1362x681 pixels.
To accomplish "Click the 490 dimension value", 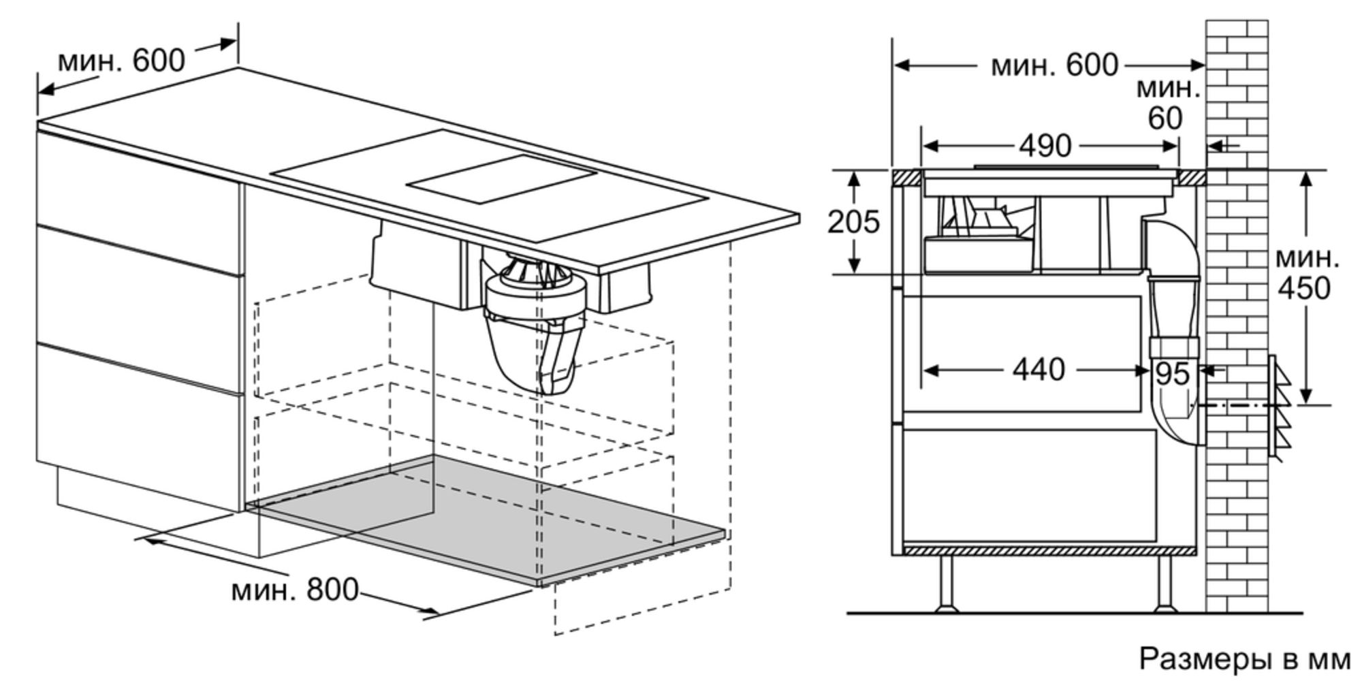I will click(1045, 146).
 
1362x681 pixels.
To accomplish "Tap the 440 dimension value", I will click(1038, 370).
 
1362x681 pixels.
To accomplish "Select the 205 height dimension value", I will click(853, 222).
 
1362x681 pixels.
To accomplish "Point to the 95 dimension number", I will click(1172, 374).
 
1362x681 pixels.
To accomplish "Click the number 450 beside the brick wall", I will click(1303, 288).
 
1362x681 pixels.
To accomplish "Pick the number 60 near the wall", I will click(1165, 118).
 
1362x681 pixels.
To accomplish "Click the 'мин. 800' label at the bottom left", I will click(295, 589).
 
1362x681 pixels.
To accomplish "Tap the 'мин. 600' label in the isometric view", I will click(121, 61).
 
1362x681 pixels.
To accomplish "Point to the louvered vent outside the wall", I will click(1280, 409).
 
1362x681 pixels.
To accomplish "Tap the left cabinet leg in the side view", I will click(945, 584).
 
